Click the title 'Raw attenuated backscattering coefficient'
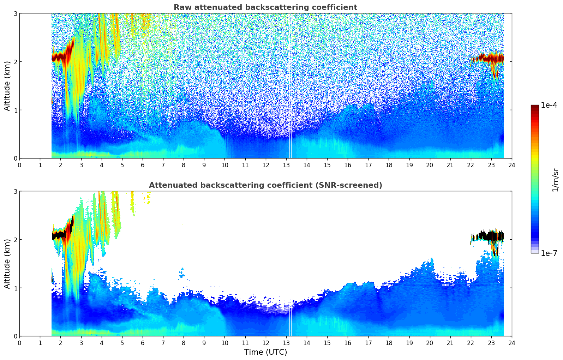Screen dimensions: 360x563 [x=265, y=7]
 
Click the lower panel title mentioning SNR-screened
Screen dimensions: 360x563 [x=265, y=185]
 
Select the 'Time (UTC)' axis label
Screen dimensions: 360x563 [x=265, y=352]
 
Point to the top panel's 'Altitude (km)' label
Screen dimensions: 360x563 [x=7, y=86]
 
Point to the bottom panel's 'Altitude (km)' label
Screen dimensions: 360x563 [x=7, y=264]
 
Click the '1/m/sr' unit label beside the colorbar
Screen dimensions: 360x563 [x=555, y=180]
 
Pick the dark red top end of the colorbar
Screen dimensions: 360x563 [x=535, y=107]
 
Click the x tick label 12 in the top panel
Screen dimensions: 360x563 [x=265, y=165]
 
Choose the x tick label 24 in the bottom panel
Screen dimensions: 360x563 [x=512, y=343]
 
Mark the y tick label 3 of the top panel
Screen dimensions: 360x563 [x=16, y=13]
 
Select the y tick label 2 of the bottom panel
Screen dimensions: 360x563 [x=16, y=240]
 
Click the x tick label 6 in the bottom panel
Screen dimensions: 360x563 [x=143, y=343]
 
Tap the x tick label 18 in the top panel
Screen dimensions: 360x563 [x=389, y=165]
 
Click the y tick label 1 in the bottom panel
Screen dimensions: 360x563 [x=16, y=288]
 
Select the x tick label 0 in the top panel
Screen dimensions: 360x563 [x=19, y=165]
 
